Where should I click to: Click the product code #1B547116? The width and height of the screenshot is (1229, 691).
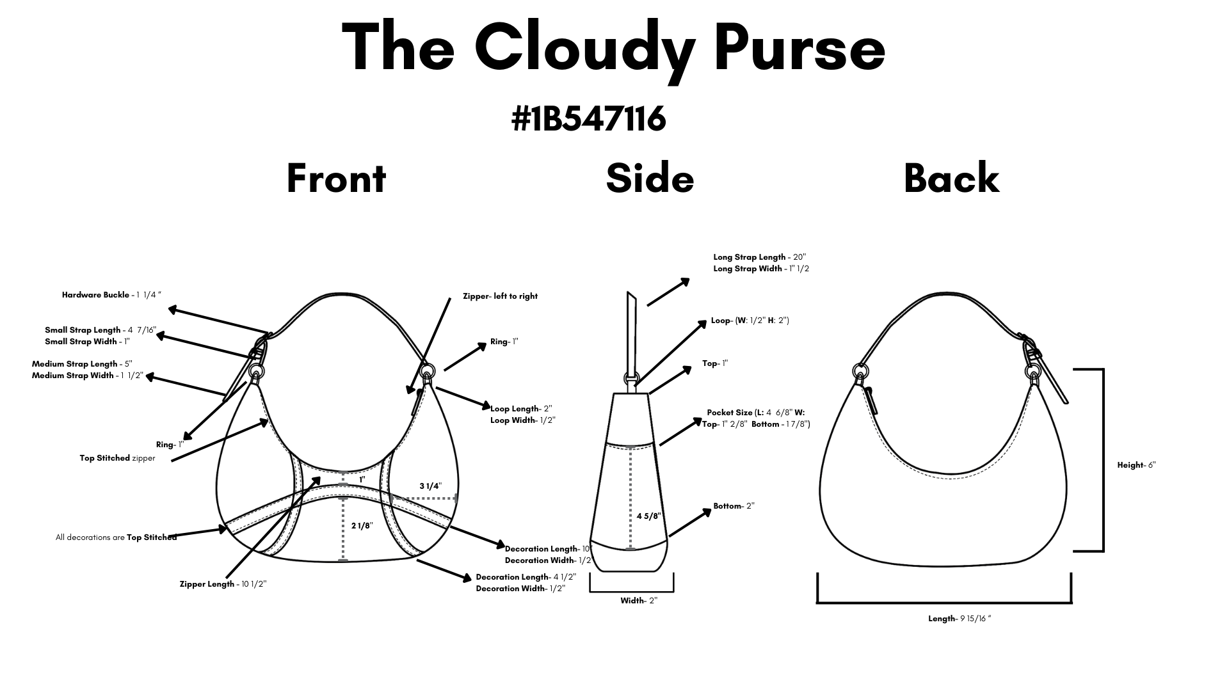589,118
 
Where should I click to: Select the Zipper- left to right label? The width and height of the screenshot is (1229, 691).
500,296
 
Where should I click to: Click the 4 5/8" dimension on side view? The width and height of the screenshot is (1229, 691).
648,516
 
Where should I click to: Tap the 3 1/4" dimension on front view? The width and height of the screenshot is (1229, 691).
430,486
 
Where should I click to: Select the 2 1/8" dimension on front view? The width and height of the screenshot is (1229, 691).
362,526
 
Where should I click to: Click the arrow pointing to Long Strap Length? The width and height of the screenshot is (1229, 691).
668,292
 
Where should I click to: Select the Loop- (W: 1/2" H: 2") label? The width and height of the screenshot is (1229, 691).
750,321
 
